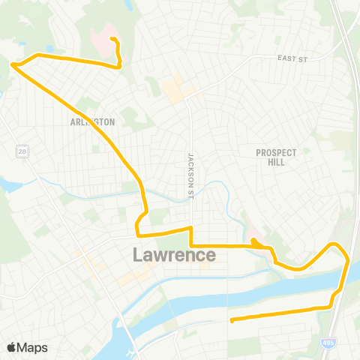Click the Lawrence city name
coord(174,255)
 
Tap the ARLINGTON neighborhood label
coord(92,121)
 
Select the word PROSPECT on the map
coord(276,152)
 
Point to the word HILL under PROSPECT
coord(276,162)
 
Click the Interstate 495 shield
coord(331,340)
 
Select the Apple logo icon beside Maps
coord(12,347)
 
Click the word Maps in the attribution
coord(33,347)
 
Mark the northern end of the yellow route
coord(112,39)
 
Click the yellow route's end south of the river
coord(232,321)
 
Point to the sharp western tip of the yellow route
coord(13,65)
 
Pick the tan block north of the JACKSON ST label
coord(173,91)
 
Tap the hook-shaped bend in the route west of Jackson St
coord(137,223)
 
